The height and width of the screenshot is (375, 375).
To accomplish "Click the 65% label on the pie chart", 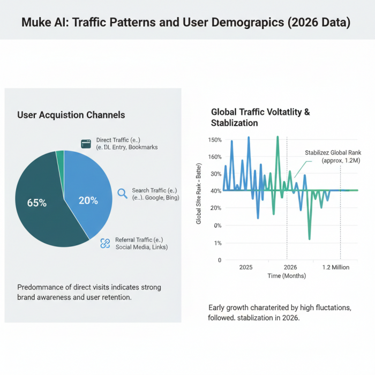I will point(37,203).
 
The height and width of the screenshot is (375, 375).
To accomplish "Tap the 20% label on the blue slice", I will point(88,200).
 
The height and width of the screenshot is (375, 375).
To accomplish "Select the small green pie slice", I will point(60,154).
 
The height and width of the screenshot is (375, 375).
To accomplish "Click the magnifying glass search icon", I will point(122,193).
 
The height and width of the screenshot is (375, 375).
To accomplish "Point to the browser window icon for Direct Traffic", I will point(85,144).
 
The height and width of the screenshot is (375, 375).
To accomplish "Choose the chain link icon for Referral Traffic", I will point(105,243).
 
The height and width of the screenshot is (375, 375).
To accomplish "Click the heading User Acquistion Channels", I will point(71,115).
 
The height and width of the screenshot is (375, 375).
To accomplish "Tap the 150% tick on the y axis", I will point(214,140).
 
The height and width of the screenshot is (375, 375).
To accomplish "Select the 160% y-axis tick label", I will point(214,157).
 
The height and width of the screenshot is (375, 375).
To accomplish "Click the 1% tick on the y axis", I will point(216,243).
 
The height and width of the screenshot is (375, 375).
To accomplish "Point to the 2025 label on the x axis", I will point(246,267).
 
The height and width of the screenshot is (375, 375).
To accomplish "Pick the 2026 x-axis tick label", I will point(290,267).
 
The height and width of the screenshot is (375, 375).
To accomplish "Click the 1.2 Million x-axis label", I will point(335,267).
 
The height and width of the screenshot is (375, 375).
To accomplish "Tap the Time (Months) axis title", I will point(287,276).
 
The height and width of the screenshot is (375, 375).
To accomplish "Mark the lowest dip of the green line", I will point(309,238).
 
